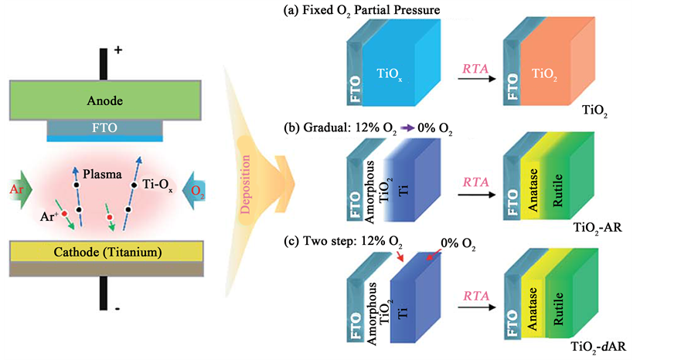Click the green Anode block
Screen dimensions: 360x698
tap(104, 100)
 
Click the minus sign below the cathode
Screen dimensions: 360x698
tap(117, 308)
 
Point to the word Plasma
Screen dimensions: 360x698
tap(104, 175)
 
